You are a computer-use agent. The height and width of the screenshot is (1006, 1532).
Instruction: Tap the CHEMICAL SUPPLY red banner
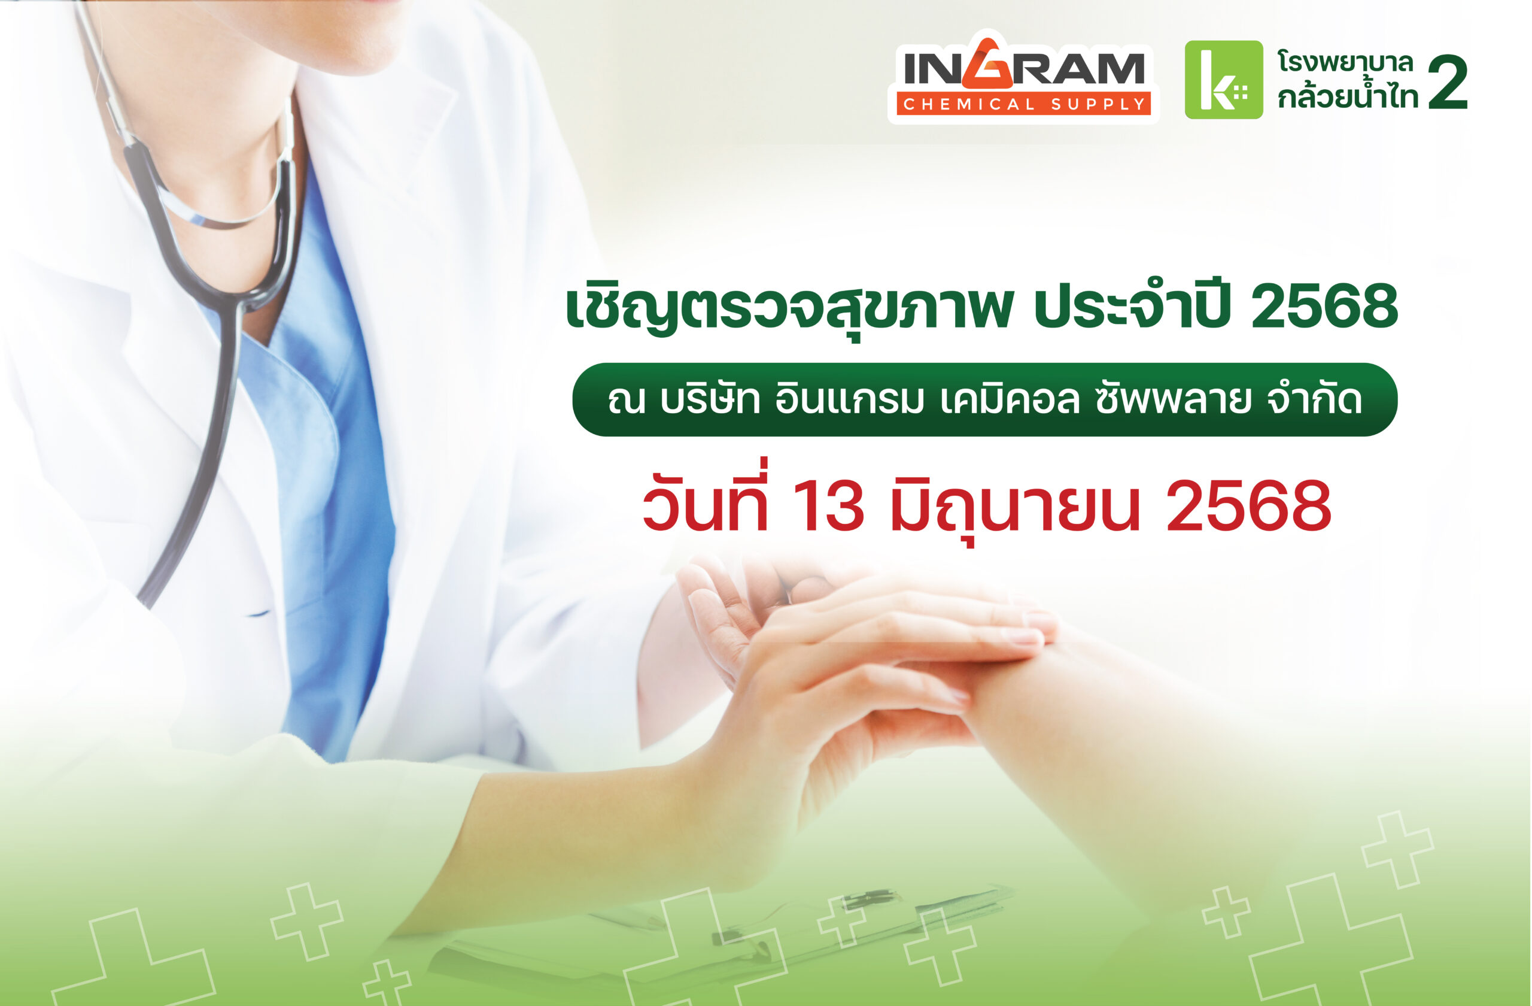click(1023, 104)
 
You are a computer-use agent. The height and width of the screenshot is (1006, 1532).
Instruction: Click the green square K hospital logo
click(1224, 79)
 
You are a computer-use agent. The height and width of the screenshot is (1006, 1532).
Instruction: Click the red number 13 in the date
click(828, 506)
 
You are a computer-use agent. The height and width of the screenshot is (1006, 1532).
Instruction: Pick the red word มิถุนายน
click(1015, 509)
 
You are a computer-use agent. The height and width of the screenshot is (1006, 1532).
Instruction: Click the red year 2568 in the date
click(1248, 506)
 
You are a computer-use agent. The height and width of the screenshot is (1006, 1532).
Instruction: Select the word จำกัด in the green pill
click(1314, 399)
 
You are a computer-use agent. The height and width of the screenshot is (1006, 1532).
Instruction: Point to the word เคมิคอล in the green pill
click(1010, 399)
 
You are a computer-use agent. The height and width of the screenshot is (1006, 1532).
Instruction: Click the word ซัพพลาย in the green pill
click(1173, 399)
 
